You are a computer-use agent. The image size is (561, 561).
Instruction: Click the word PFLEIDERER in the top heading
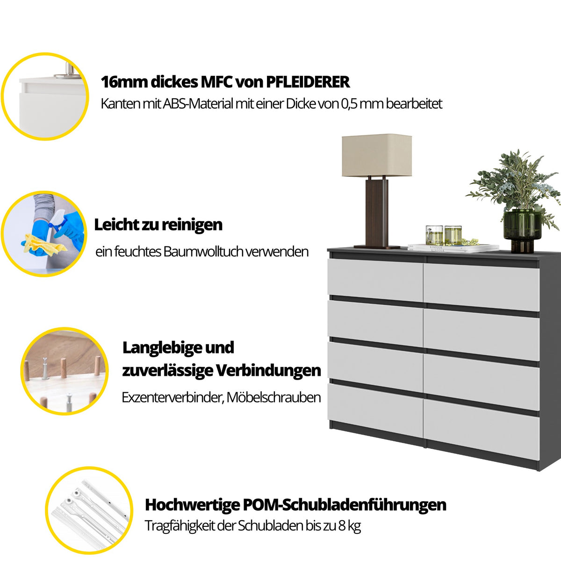[x=308, y=82]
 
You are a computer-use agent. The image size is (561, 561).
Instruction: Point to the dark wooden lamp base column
[x=377, y=213]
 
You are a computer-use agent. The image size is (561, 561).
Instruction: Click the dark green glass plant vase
[x=523, y=230]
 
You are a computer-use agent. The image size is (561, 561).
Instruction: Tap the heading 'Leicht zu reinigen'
[x=158, y=225]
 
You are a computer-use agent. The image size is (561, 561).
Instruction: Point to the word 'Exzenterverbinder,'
[x=173, y=397]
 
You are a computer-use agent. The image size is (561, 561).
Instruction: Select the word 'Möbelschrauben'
[x=273, y=397]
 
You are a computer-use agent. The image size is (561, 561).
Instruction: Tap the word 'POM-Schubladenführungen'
[x=345, y=505]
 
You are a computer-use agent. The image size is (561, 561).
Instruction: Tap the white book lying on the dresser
[x=453, y=248]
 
